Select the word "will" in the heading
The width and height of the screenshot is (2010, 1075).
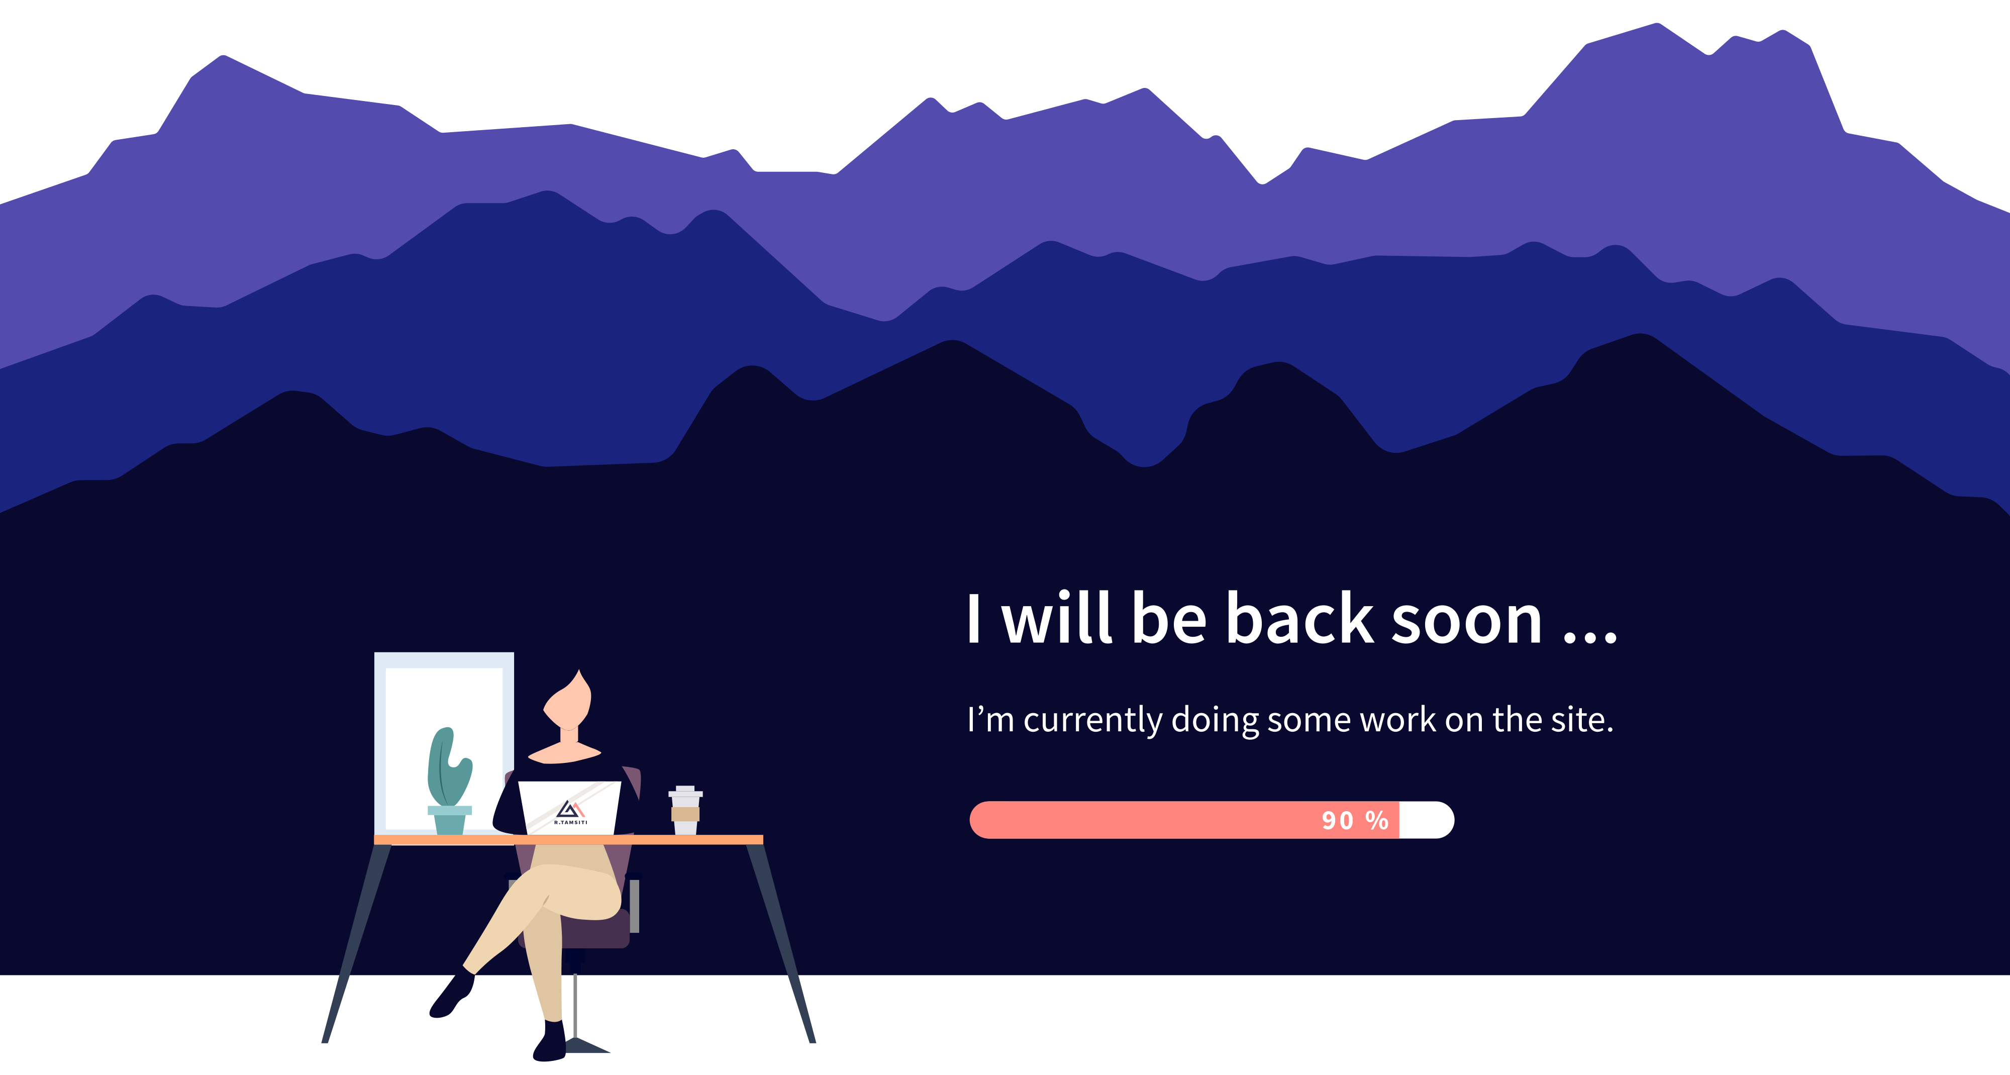(1057, 618)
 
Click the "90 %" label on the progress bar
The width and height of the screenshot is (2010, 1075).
(1355, 820)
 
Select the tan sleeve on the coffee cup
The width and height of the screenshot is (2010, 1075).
(685, 814)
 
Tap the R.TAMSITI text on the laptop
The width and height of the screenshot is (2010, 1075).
(570, 822)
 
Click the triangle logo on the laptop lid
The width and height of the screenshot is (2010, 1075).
(570, 808)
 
